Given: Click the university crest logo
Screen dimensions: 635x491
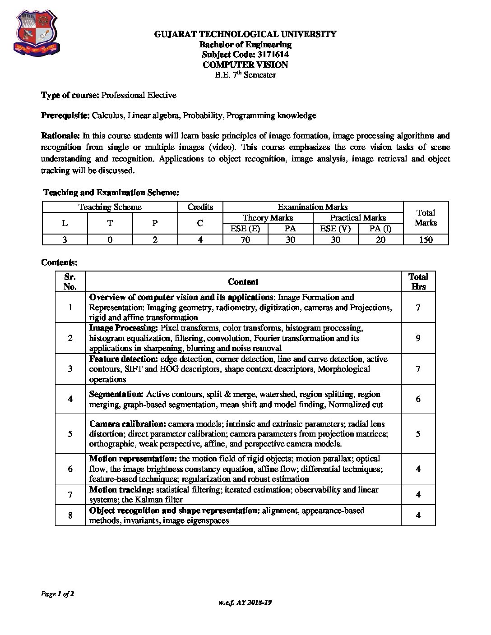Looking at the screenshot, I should [37, 33].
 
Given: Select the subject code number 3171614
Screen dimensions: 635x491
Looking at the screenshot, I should [273, 55].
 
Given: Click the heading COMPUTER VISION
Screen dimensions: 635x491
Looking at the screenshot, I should [245, 64].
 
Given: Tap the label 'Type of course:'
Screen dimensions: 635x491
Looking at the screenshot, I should [70, 95].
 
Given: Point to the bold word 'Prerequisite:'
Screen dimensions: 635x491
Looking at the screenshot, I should [65, 115].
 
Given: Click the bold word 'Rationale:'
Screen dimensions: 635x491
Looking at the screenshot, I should [60, 136].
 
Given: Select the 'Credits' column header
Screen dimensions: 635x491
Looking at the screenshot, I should [200, 207].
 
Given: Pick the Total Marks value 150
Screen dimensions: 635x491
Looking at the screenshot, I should [426, 240].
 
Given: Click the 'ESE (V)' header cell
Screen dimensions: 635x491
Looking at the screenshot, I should [335, 229].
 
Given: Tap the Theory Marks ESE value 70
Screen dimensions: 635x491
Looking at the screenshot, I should [245, 240].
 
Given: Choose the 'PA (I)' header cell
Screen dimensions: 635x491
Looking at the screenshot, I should [380, 229].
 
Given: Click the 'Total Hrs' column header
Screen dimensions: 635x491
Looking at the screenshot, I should [418, 282].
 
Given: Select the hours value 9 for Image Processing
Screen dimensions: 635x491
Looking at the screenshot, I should [418, 338].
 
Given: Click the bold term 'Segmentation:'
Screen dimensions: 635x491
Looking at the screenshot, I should [116, 394].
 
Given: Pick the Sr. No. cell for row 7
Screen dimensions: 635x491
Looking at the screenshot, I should [70, 495].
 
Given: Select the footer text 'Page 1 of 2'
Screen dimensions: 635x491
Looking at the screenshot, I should [57, 594].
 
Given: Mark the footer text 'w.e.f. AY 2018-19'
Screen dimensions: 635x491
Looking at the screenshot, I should [245, 603].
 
